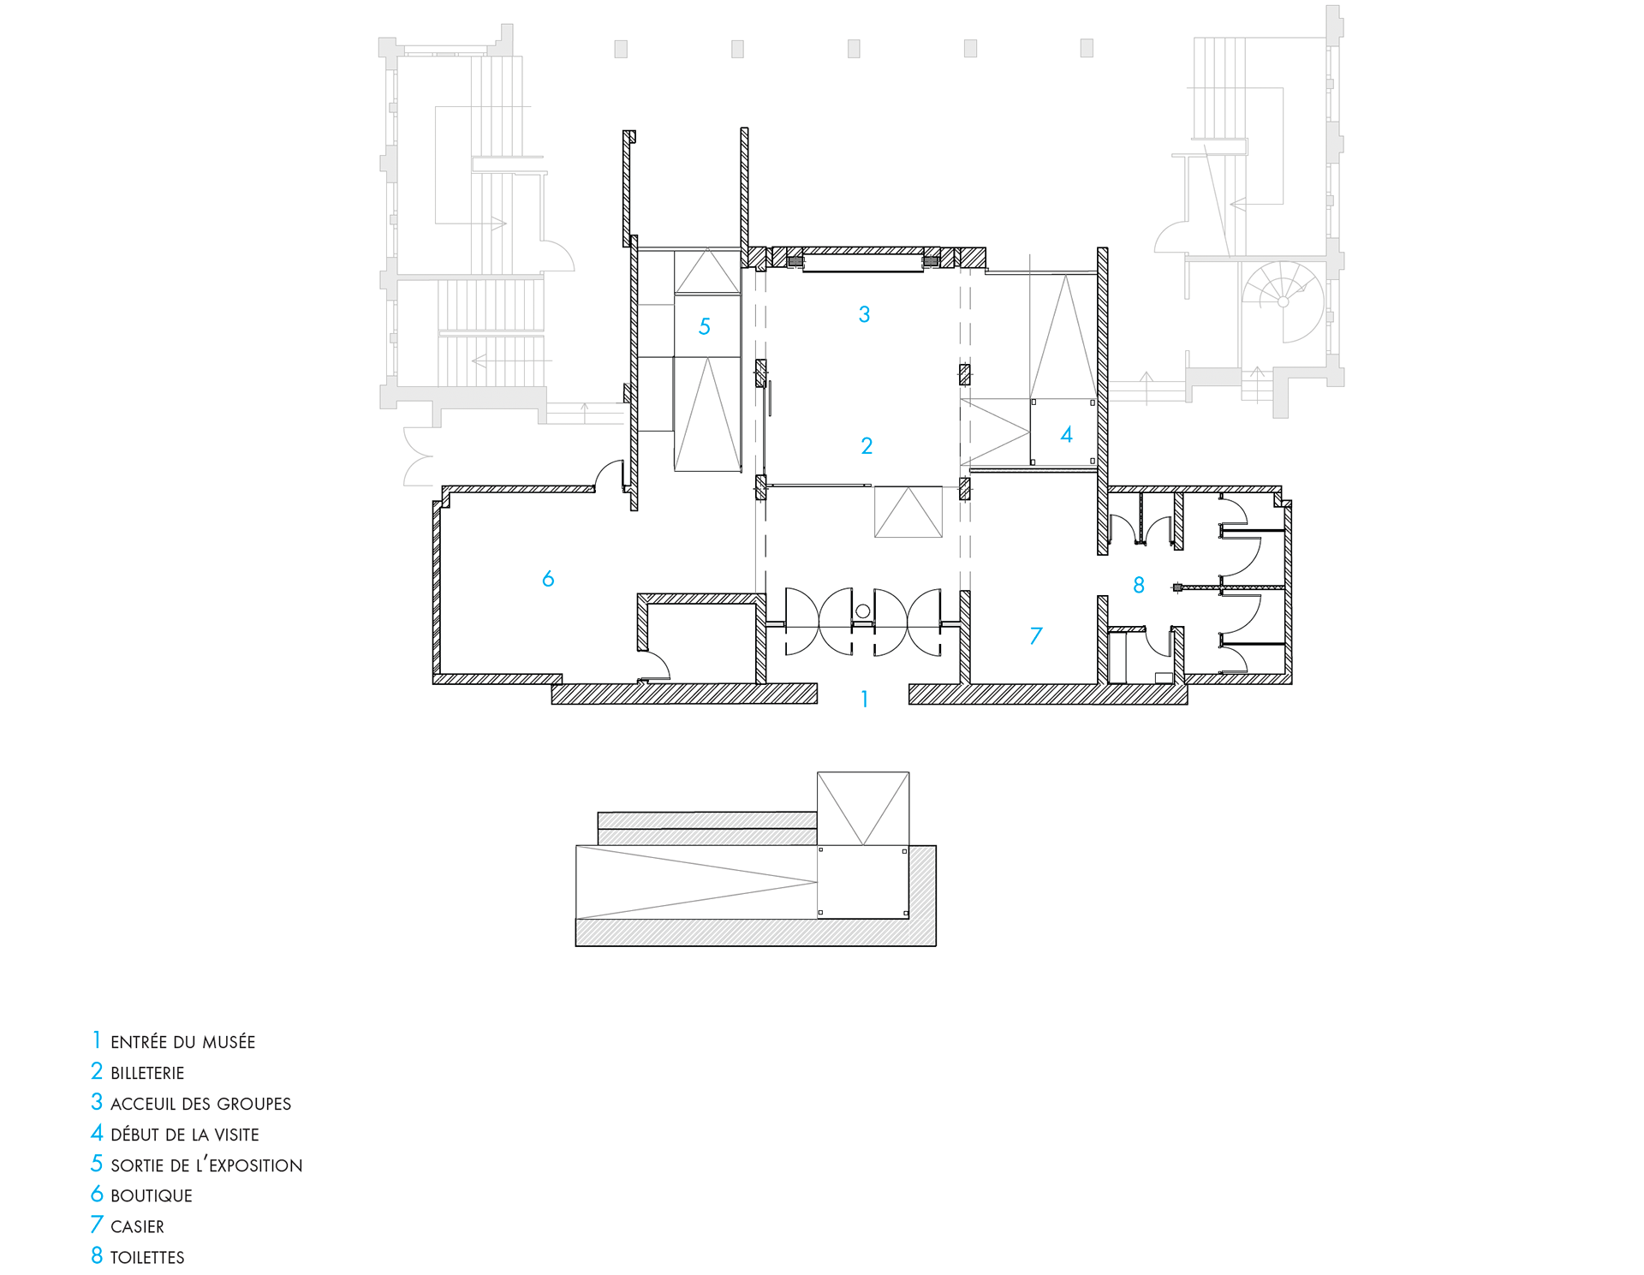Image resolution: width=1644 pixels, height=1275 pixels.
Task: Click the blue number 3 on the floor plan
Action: [864, 314]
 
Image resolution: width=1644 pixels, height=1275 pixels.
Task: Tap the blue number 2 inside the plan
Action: [867, 445]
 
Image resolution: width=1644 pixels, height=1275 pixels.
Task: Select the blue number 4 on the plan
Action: [1066, 435]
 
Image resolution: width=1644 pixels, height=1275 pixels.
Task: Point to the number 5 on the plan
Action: [705, 326]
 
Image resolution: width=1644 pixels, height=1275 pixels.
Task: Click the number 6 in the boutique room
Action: [548, 579]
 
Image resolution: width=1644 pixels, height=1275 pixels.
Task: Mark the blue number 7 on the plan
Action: [1036, 635]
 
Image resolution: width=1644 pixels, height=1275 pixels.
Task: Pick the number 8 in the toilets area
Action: [1139, 585]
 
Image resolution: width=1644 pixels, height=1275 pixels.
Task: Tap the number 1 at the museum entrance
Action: [865, 700]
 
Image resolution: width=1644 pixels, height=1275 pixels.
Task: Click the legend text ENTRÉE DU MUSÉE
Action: [183, 1042]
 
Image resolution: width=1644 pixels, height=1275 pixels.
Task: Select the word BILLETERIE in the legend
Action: [147, 1073]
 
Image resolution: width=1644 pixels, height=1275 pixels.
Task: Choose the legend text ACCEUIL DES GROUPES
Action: [201, 1104]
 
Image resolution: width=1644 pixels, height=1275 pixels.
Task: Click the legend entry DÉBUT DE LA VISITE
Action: [185, 1135]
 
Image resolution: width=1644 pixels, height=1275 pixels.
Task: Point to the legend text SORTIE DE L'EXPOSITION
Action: [206, 1165]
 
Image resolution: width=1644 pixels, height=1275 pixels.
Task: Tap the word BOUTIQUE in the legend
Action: [152, 1196]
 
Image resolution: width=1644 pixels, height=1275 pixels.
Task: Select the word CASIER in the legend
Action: [137, 1227]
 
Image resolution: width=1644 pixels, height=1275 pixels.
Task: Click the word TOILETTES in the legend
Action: [147, 1258]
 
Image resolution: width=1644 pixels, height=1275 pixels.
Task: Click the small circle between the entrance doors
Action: [863, 611]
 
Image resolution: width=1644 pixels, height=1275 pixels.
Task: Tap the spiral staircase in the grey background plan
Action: [1283, 301]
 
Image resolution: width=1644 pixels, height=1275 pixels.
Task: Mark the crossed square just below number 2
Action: [908, 512]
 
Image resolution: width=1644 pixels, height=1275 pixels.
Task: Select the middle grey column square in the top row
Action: [854, 49]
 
